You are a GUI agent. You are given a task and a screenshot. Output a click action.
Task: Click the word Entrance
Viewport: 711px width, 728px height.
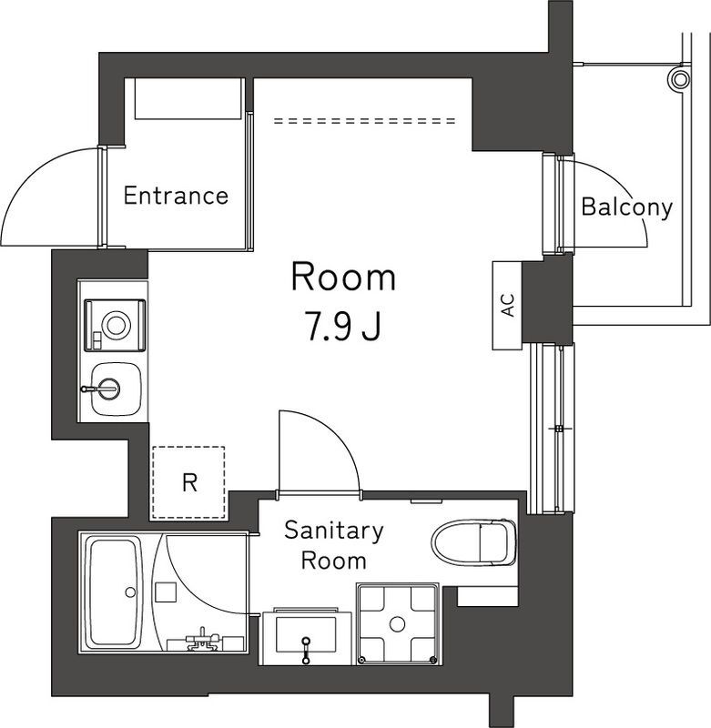coord(176,196)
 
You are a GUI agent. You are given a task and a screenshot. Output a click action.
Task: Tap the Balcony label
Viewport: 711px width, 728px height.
coord(626,207)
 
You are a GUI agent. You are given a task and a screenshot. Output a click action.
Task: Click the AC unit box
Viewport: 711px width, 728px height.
coord(507,305)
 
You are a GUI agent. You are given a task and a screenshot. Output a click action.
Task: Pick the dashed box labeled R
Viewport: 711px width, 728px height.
coord(188,482)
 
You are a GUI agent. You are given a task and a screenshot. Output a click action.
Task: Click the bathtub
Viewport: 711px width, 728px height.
coord(114,591)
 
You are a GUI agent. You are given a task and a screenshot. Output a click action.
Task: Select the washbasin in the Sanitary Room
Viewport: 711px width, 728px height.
coord(305,632)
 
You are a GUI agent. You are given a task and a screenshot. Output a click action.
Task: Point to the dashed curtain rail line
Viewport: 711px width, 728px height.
coord(364,120)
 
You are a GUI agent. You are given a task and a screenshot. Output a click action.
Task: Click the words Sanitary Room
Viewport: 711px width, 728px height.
coord(334,544)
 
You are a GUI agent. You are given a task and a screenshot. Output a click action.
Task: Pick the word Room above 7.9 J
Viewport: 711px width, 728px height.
coord(343,278)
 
